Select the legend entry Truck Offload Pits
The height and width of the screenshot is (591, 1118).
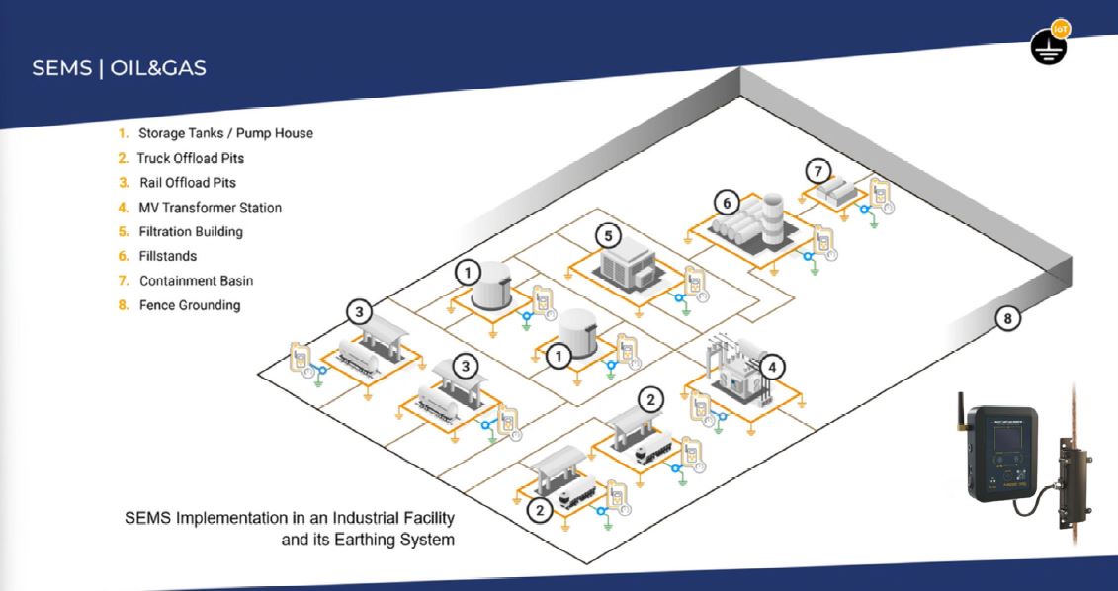[x=191, y=158]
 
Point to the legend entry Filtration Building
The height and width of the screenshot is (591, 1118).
[x=191, y=232]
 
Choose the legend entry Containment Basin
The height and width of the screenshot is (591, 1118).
[x=195, y=281]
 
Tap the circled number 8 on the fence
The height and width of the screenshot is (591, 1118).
[x=1007, y=318]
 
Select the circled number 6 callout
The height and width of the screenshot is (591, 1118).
[x=727, y=203]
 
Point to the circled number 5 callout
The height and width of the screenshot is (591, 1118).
[x=608, y=236]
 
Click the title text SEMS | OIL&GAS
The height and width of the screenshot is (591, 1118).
[x=120, y=70]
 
